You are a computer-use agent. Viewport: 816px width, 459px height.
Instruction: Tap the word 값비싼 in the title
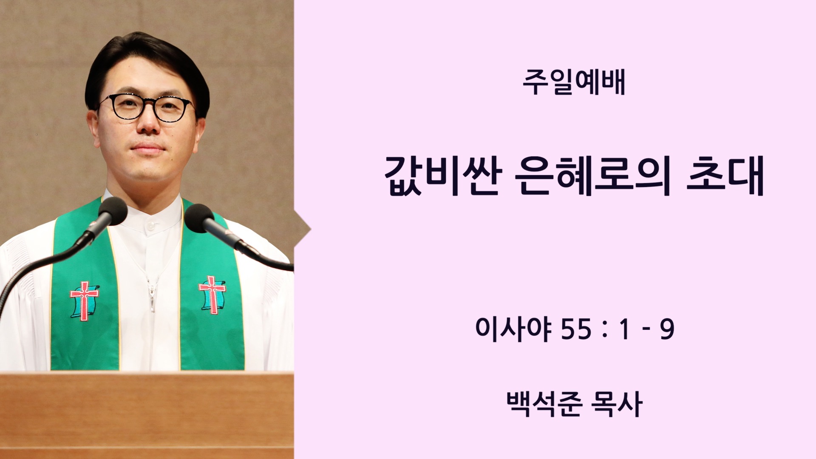pos(443,176)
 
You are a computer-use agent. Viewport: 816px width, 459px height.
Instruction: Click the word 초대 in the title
pos(725,176)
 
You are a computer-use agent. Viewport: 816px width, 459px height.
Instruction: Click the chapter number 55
pos(576,330)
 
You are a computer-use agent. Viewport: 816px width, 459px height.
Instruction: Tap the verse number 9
pos(667,330)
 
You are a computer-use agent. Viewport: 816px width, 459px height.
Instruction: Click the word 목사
pos(616,404)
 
